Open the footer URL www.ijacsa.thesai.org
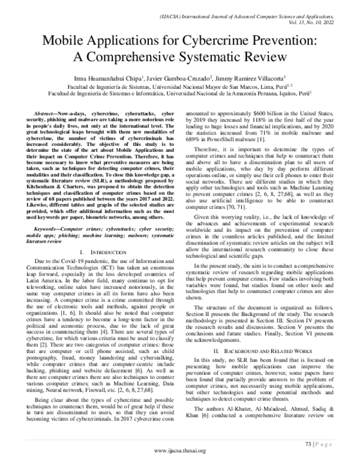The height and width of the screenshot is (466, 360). pos(179,450)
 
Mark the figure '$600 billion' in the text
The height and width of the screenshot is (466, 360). pos(255,113)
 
